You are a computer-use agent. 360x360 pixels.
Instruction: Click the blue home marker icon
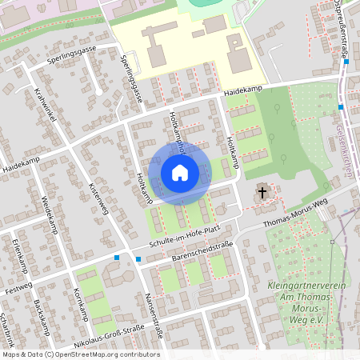click(179, 172)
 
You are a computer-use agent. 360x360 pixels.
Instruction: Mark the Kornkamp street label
click(79, 303)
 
